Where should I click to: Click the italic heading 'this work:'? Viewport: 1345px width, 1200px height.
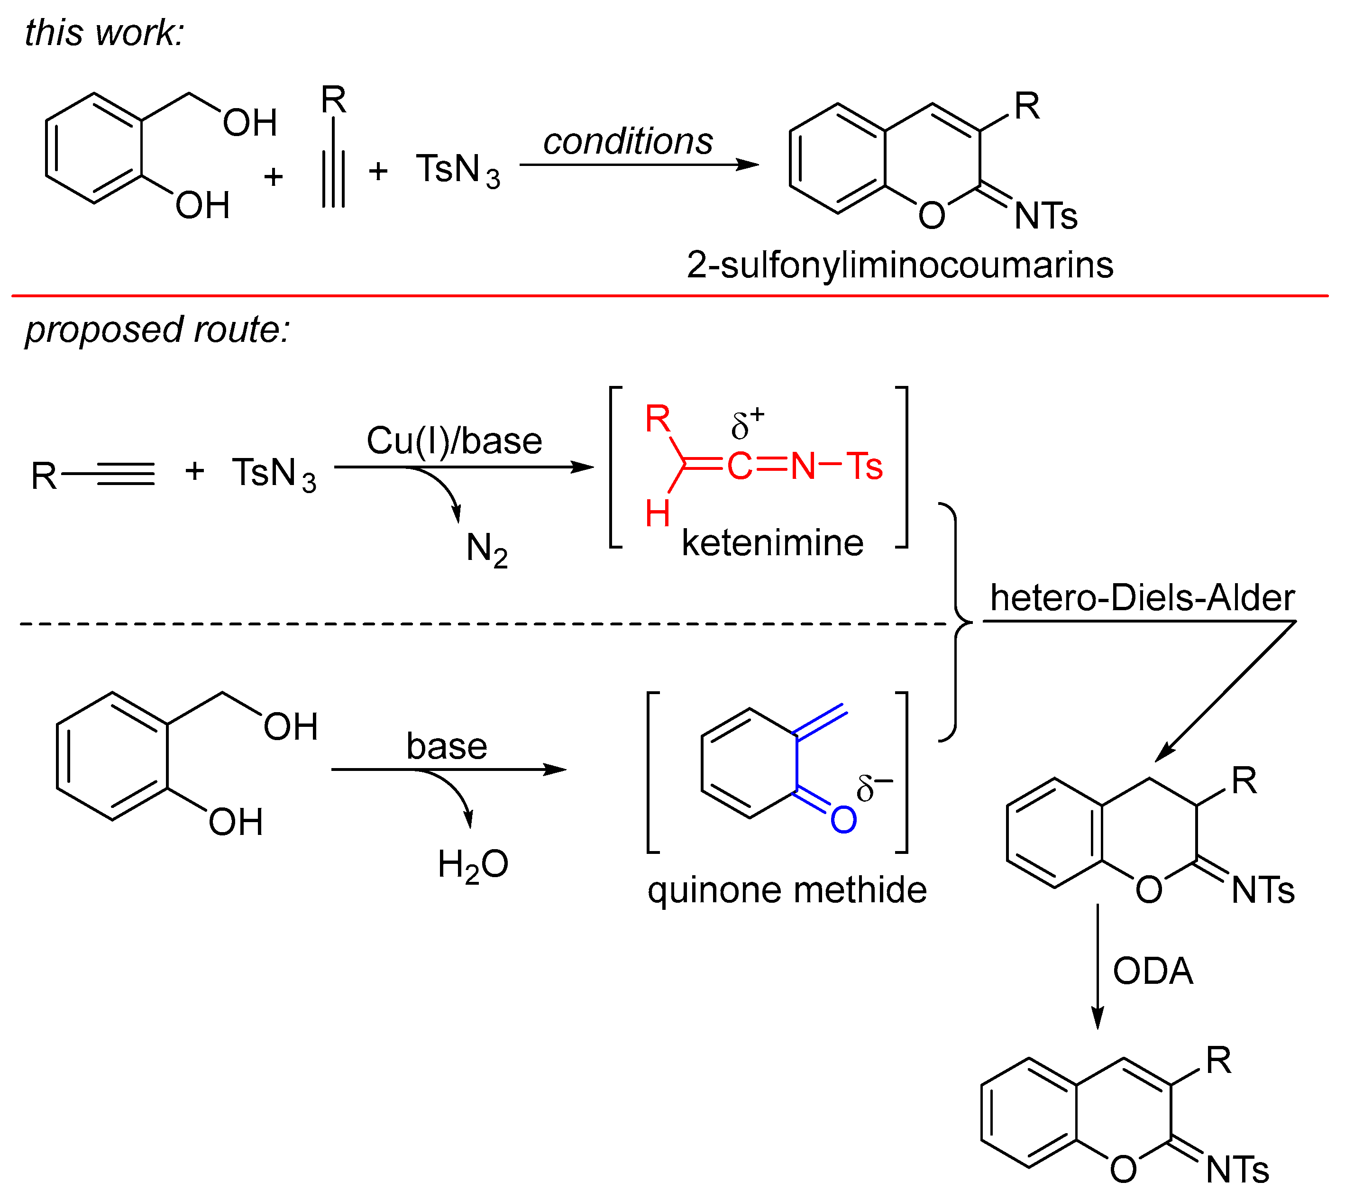point(104,33)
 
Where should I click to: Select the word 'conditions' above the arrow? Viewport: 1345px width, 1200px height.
point(627,142)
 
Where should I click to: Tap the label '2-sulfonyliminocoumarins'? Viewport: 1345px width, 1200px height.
point(899,265)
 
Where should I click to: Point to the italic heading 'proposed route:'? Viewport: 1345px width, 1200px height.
point(157,330)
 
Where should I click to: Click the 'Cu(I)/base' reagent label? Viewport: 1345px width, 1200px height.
point(454,440)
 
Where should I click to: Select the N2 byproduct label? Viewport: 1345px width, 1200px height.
point(486,549)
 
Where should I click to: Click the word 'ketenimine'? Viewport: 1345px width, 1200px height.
point(772,543)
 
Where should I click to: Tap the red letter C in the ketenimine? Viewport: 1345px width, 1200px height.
point(740,467)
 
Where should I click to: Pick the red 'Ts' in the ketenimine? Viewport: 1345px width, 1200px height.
point(864,467)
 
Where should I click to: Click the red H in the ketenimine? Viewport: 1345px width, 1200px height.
point(658,513)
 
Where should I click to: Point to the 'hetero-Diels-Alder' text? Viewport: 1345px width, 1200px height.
point(1142,598)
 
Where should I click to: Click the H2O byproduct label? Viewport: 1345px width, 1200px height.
point(473,864)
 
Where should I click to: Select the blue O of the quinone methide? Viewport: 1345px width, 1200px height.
point(843,820)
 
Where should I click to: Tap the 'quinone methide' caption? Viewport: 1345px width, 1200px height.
point(787,890)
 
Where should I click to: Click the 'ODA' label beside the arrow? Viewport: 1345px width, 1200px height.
point(1153,971)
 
